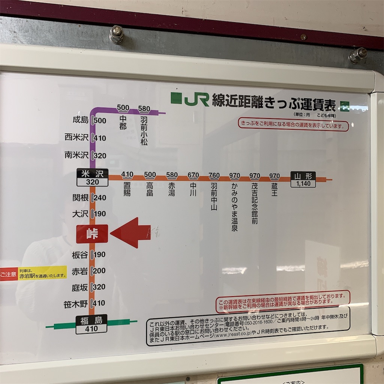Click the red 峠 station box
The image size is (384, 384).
[92, 234]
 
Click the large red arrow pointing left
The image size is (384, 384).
[130, 233]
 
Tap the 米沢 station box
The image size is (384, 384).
[92, 177]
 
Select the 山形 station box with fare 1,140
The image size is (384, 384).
[303, 179]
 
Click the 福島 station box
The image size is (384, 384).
[91, 324]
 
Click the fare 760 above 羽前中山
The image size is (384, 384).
[214, 175]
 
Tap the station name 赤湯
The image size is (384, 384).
[172, 189]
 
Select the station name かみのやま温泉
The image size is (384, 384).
[234, 207]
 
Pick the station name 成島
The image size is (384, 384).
[80, 120]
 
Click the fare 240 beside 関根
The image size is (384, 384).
[100, 198]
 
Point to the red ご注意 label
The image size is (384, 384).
[9, 274]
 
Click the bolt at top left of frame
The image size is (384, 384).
[117, 34]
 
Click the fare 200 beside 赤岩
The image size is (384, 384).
[100, 271]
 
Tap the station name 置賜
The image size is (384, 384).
[127, 189]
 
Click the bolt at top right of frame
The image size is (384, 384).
[357, 55]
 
